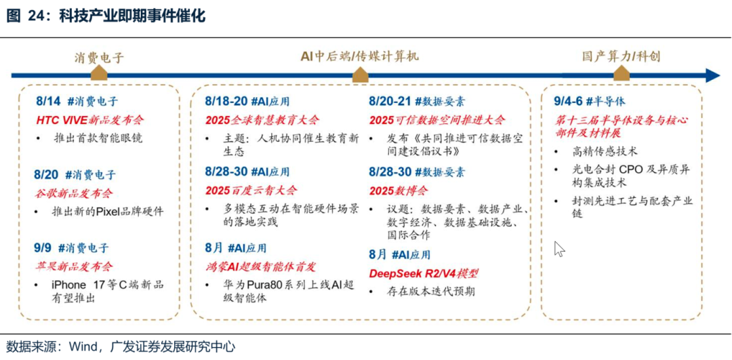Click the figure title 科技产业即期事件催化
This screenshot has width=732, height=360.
point(132,16)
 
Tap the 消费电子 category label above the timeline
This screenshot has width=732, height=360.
point(100,58)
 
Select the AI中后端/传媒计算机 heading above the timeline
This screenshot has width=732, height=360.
point(359,56)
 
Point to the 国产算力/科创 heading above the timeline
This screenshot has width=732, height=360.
point(621,56)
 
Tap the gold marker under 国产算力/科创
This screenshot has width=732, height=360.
point(622,75)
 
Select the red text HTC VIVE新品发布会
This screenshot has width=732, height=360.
point(90,120)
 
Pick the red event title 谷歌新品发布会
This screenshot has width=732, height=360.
point(75,193)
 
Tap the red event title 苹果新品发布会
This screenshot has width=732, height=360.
point(75,266)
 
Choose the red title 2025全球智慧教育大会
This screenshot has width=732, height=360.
point(262,120)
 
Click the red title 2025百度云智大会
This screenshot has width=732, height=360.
point(251,190)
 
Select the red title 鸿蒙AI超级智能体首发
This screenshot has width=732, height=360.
point(260,266)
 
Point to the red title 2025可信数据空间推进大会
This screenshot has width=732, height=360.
point(437,120)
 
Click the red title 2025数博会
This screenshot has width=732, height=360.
point(399,190)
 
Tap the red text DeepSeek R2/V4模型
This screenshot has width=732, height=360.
point(424,273)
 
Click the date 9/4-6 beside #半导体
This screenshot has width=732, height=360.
point(567,101)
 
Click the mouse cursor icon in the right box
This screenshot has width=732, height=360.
point(559,249)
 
